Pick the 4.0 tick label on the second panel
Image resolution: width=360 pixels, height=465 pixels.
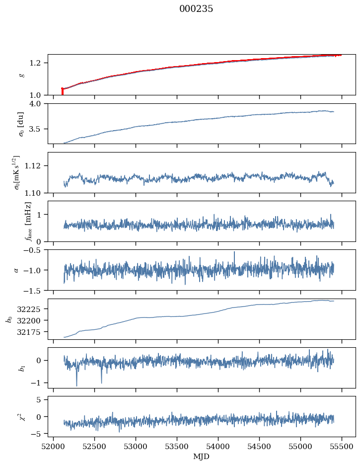(38, 103)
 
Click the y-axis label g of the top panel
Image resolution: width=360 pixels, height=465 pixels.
(21, 75)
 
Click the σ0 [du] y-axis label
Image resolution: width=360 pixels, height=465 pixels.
(21, 124)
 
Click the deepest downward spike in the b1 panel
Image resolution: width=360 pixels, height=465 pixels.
(76, 385)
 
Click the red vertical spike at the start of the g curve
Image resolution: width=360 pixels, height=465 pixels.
(62, 91)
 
